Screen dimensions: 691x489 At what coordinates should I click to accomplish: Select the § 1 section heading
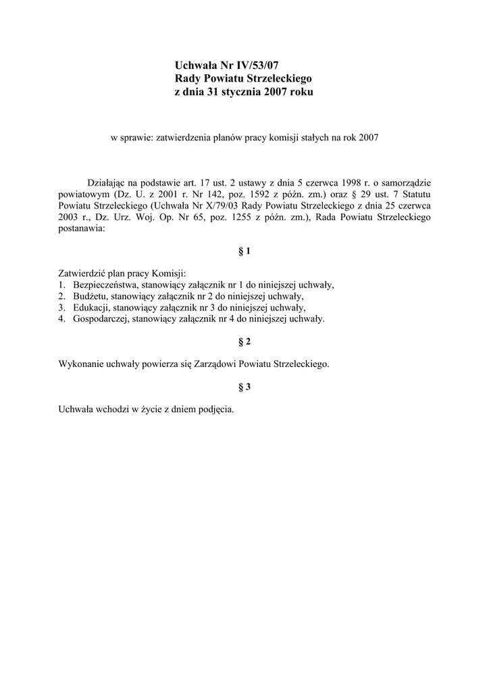244,251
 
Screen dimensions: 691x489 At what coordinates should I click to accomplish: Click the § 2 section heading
244,341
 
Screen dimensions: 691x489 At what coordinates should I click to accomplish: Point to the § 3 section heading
244,387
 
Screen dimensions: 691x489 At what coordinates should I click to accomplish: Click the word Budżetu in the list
90,296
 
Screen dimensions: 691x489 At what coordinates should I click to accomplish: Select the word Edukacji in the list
91,308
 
